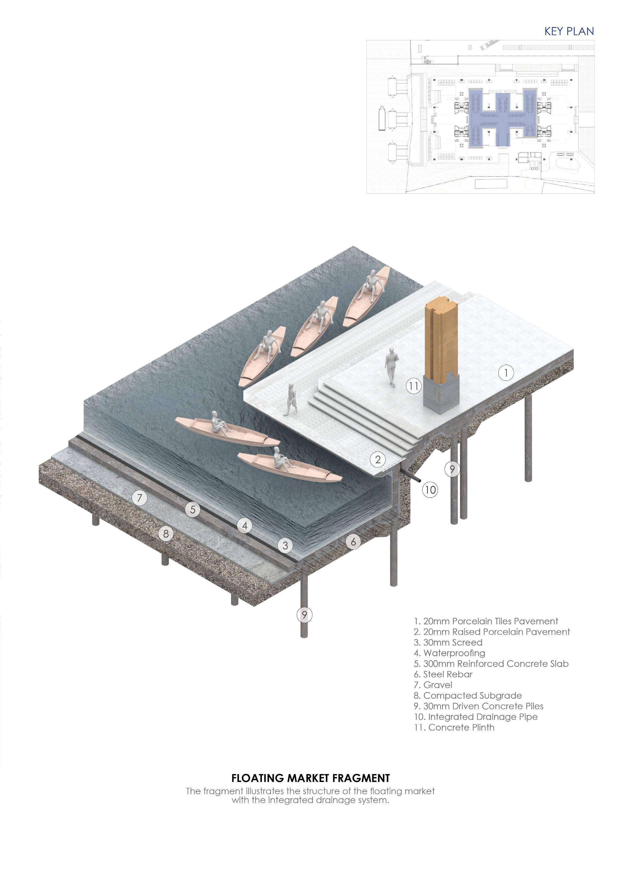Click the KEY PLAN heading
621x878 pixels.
569,31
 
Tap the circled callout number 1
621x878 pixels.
506,372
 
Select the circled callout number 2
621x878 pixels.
378,459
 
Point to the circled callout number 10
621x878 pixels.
430,489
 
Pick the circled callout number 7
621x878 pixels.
139,498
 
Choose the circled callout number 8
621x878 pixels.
166,534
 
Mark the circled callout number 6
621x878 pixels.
353,541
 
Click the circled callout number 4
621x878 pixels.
245,525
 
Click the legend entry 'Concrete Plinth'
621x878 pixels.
454,727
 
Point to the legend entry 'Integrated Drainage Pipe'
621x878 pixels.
476,717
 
